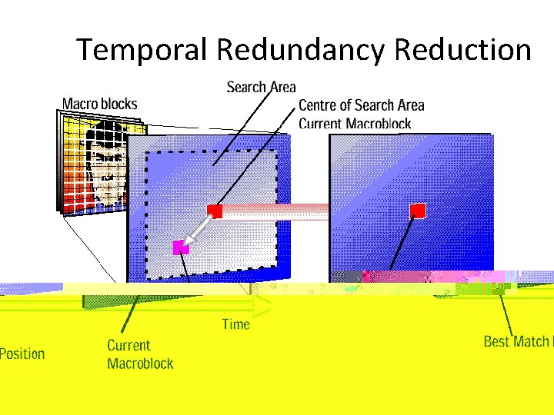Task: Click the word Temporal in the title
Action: [143, 50]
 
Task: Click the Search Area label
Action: [261, 88]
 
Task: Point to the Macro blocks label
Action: [99, 104]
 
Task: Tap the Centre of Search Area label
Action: [361, 106]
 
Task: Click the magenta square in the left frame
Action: [180, 247]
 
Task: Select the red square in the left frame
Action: [215, 210]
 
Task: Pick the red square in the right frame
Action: [418, 210]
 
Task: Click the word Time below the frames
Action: [235, 324]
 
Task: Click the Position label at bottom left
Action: [22, 354]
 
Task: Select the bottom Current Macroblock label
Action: [140, 354]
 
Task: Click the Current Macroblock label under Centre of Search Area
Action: [355, 124]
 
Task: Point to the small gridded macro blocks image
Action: [91, 161]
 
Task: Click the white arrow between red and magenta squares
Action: [197, 229]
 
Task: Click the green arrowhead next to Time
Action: [262, 305]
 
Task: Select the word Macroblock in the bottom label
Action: [140, 364]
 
